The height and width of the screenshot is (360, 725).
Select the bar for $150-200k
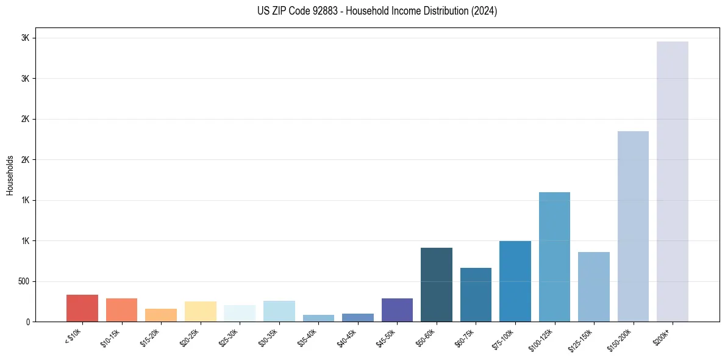click(x=633, y=226)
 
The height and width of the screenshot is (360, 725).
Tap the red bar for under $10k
click(x=82, y=308)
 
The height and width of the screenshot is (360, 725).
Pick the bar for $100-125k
click(x=554, y=256)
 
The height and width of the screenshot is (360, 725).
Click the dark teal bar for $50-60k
click(x=437, y=284)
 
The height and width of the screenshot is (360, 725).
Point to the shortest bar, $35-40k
click(x=318, y=318)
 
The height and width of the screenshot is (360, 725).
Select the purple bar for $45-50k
click(x=397, y=310)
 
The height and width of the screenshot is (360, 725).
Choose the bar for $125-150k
click(x=593, y=287)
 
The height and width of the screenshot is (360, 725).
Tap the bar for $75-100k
click(x=515, y=281)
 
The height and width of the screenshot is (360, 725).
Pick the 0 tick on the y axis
click(x=28, y=322)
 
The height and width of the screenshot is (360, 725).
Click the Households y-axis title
click(x=10, y=175)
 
